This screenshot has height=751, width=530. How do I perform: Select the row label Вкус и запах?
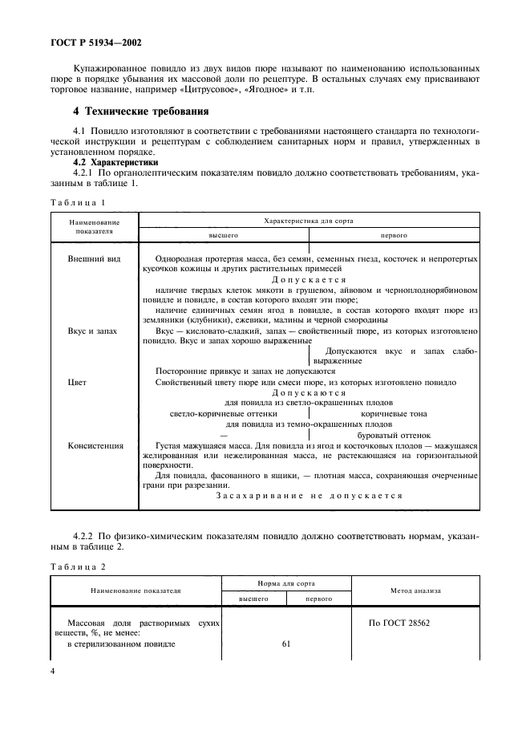point(95,331)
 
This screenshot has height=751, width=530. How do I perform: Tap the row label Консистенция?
point(96,445)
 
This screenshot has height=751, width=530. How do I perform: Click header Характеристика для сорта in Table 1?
point(309,219)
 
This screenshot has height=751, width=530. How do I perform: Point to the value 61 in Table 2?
point(285,643)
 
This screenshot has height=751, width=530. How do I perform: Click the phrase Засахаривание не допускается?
point(309,495)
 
